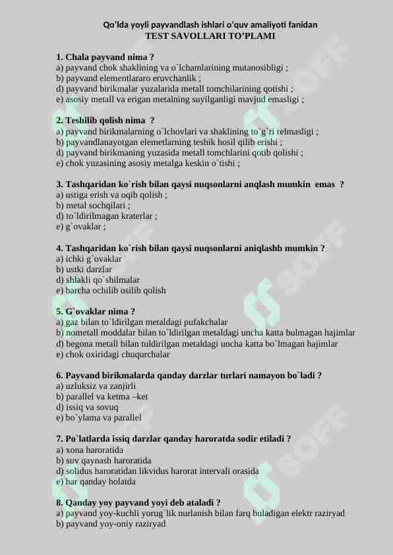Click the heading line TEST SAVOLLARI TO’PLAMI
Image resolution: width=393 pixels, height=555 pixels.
(210, 36)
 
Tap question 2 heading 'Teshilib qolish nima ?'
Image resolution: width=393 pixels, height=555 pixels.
(106, 121)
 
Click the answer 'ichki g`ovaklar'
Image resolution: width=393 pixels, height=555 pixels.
(89, 259)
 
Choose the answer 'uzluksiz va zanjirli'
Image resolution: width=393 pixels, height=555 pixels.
(96, 386)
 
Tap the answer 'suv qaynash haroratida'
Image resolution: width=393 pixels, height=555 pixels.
(104, 461)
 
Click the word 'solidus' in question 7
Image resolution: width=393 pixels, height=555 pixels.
(79, 471)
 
